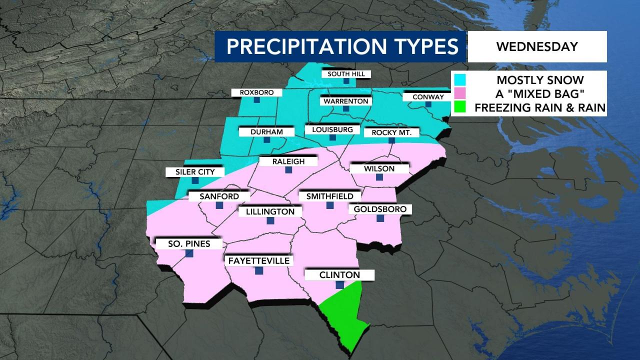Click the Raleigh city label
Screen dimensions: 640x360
[288, 161]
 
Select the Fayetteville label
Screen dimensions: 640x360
[258, 260]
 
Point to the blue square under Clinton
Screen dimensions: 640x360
[339, 284]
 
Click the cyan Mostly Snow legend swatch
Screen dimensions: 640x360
[459, 79]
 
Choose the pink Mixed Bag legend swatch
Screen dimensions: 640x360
[459, 93]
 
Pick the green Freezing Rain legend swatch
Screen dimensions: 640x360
[459, 107]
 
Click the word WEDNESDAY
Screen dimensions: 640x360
[536, 46]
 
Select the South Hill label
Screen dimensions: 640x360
[346, 74]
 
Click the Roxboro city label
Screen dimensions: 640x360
[256, 92]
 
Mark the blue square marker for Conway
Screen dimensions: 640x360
[428, 104]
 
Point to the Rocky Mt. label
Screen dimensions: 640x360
[391, 132]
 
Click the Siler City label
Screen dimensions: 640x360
[194, 172]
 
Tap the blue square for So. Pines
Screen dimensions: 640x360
[189, 253]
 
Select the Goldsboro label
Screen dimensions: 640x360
[380, 208]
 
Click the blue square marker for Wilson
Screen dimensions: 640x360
[379, 177]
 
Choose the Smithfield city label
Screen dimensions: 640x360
[329, 196]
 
